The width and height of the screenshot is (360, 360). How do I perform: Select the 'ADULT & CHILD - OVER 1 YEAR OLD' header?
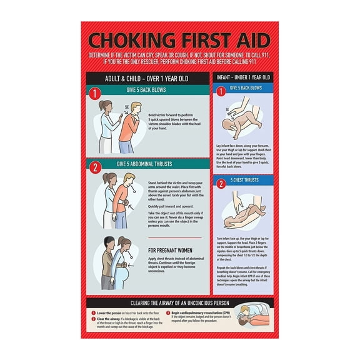coord(147,79)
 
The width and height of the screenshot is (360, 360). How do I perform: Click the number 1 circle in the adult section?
coord(95,94)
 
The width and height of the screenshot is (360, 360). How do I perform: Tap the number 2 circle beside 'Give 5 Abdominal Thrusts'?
coord(95,167)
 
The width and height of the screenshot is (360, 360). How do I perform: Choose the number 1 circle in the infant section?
coord(221,91)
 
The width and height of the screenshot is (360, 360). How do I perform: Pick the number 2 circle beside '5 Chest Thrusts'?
coord(221,184)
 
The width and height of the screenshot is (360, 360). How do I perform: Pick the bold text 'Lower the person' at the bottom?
coord(107,312)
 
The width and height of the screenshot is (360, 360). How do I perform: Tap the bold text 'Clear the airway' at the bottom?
coord(107,318)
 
